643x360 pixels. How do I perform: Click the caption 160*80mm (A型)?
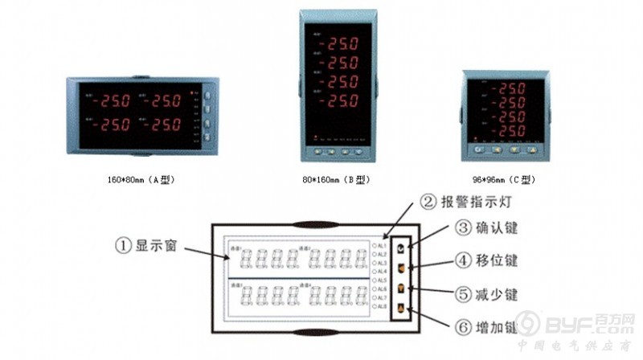[140, 180]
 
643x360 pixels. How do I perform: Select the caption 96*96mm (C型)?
[505, 180]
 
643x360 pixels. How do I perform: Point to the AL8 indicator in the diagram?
[375, 306]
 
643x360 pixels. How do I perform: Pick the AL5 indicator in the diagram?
[375, 280]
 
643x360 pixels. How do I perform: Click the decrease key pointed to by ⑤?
[402, 289]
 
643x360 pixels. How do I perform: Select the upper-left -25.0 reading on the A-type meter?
[113, 102]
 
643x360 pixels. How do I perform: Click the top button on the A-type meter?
[207, 95]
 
